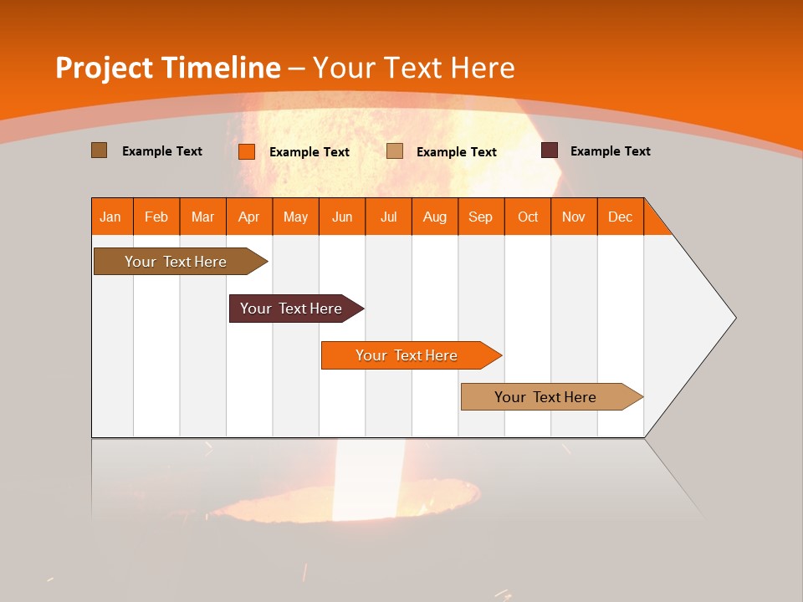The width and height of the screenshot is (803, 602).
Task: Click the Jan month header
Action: pyautogui.click(x=110, y=217)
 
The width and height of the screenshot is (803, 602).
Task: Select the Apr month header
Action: pyautogui.click(x=248, y=217)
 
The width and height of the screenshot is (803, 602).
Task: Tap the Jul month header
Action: pyautogui.click(x=388, y=217)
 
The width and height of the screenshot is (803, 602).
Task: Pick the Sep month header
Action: pyautogui.click(x=480, y=217)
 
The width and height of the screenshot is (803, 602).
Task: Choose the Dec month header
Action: pyautogui.click(x=620, y=217)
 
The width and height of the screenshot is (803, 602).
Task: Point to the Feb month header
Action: pyautogui.click(x=156, y=217)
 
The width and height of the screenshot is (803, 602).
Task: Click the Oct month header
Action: pyautogui.click(x=528, y=217)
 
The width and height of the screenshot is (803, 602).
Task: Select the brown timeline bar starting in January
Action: pyautogui.click(x=176, y=262)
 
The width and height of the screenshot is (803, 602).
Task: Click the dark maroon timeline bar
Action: pyautogui.click(x=291, y=309)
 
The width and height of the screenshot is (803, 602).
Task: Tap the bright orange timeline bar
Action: pyautogui.click(x=407, y=355)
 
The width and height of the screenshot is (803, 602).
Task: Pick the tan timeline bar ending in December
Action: pyautogui.click(x=545, y=397)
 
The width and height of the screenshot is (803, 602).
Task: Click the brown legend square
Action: pyautogui.click(x=99, y=150)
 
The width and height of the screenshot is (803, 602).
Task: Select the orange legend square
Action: pyautogui.click(x=247, y=151)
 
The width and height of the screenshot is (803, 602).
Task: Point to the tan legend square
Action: pyautogui.click(x=395, y=151)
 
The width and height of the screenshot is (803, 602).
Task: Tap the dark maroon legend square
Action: pyautogui.click(x=550, y=150)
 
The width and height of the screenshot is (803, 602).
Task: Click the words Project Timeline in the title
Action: pyautogui.click(x=167, y=68)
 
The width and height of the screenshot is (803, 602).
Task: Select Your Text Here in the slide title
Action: pyautogui.click(x=413, y=68)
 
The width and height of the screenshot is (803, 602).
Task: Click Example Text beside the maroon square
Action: pyautogui.click(x=610, y=151)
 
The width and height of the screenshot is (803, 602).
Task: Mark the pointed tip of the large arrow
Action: pyautogui.click(x=734, y=318)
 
